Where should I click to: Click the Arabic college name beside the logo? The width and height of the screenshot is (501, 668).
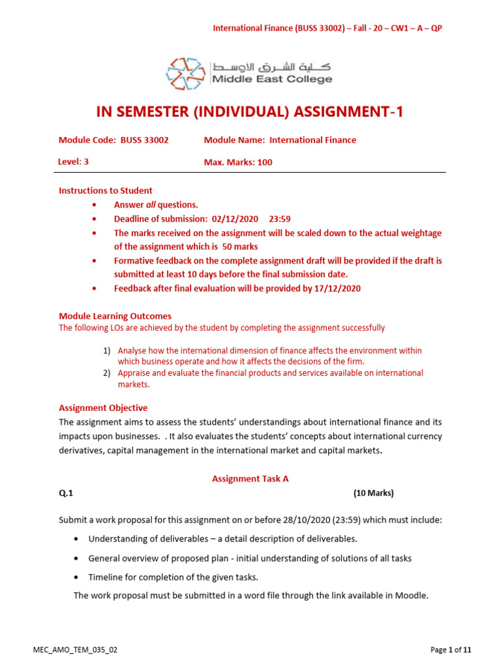point(271,67)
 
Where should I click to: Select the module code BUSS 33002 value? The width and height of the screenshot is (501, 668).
point(144,140)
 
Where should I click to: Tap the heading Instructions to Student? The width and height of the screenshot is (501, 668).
point(106,190)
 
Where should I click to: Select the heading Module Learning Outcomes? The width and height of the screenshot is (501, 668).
point(115,316)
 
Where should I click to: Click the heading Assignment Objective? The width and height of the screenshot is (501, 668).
point(103,408)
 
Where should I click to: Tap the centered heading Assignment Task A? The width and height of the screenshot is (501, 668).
point(250,478)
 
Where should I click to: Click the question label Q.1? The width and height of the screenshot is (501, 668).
point(66,493)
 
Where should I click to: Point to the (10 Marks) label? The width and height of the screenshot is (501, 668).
point(373,493)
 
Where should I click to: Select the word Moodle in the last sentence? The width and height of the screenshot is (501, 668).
point(412,595)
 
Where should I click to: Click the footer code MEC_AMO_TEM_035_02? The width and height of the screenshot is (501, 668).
point(75,650)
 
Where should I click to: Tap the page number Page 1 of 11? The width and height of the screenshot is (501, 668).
point(451,650)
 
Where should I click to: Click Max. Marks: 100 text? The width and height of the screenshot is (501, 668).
point(238,162)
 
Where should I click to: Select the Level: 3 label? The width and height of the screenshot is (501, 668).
point(74,162)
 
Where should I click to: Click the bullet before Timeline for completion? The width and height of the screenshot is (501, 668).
point(77,577)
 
